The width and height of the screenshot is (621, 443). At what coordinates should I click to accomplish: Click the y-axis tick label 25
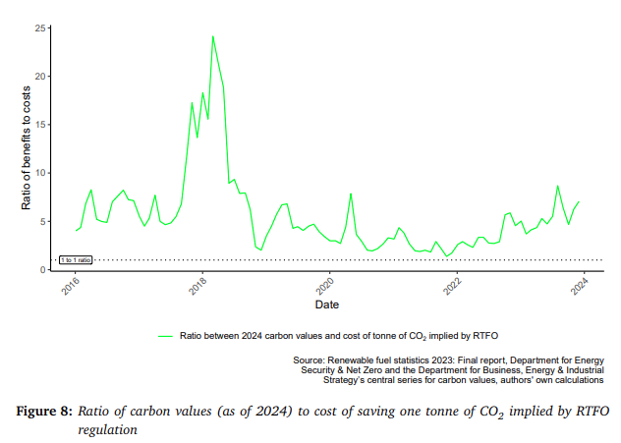[42, 28]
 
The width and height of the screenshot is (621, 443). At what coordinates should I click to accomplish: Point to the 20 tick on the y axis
[42, 77]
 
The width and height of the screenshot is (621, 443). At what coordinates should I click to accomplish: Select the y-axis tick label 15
[42, 125]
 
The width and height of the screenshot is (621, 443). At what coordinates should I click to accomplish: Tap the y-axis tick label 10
[42, 173]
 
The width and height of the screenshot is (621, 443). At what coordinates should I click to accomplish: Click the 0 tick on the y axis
[45, 269]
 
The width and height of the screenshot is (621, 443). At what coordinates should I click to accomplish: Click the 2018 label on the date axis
[198, 289]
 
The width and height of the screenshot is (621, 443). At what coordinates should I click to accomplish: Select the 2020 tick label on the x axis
[325, 289]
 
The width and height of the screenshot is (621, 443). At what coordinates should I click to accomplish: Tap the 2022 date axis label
[452, 289]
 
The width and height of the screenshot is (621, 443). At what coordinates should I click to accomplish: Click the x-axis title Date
[327, 305]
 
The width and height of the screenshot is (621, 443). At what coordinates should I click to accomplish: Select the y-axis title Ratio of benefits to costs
[27, 148]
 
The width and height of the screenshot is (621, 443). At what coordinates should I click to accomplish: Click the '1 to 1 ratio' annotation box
[76, 260]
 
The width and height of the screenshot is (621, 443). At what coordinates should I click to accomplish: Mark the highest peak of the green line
[212, 36]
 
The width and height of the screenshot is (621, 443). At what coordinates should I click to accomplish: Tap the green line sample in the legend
[165, 335]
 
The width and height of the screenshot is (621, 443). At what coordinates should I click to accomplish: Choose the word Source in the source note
[310, 360]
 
